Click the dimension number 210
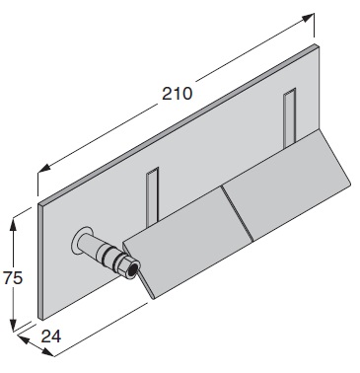(177, 94)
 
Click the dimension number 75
(13, 278)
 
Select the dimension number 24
(51, 336)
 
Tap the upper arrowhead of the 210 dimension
(308, 18)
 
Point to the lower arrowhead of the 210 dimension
(44, 168)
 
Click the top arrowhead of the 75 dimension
(13, 224)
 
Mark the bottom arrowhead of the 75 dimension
(13, 325)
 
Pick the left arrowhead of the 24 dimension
(24, 338)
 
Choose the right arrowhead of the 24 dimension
(47, 351)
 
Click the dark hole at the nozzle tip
(133, 270)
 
